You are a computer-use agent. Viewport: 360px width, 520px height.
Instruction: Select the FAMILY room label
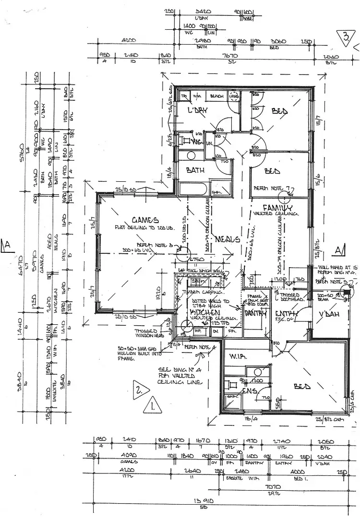coord(277,207)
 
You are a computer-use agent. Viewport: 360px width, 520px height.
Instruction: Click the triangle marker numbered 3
coord(346,37)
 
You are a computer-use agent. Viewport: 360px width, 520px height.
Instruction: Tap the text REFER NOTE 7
coord(272,189)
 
